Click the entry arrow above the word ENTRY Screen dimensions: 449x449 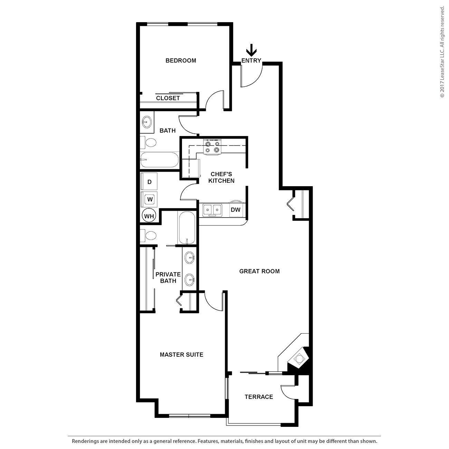tap(251, 50)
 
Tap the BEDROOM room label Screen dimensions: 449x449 tap(181, 60)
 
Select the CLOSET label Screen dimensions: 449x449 tap(168, 98)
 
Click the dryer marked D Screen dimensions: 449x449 tap(149, 182)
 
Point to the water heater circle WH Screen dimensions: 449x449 tap(149, 216)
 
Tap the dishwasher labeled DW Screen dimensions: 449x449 tap(236, 210)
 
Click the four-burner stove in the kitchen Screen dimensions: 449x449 tap(212, 147)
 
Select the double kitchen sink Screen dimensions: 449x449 tap(212, 210)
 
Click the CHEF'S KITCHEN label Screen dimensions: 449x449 tap(221, 177)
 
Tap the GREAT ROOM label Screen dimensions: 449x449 tap(259, 271)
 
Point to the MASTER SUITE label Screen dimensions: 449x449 tap(182, 355)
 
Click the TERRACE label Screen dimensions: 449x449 tap(259, 397)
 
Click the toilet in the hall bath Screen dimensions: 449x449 tap(148, 142)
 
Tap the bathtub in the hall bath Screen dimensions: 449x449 tap(159, 160)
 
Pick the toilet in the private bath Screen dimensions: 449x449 tap(148, 236)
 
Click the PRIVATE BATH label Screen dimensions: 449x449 tap(168, 277)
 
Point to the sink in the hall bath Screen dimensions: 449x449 tap(147, 122)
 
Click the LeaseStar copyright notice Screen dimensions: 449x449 tap(442, 52)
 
